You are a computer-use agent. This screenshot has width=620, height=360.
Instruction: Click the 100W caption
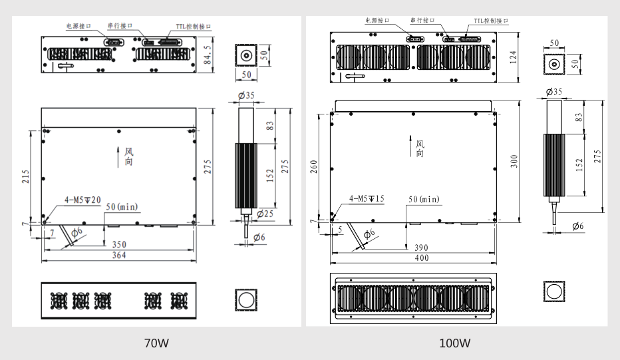pos(455,343)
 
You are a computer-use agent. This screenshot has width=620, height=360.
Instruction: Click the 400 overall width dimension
pos(421,258)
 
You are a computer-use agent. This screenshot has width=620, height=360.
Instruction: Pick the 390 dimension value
pos(421,248)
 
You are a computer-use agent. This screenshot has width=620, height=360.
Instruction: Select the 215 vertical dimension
pos(25,176)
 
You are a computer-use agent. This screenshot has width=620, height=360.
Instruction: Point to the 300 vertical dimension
pos(514,161)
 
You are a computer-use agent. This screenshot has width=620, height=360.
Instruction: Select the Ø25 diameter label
pos(265,214)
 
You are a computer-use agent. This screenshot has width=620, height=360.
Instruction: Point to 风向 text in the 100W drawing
pos(420,148)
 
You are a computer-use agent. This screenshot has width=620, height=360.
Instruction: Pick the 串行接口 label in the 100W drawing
pos(422,21)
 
